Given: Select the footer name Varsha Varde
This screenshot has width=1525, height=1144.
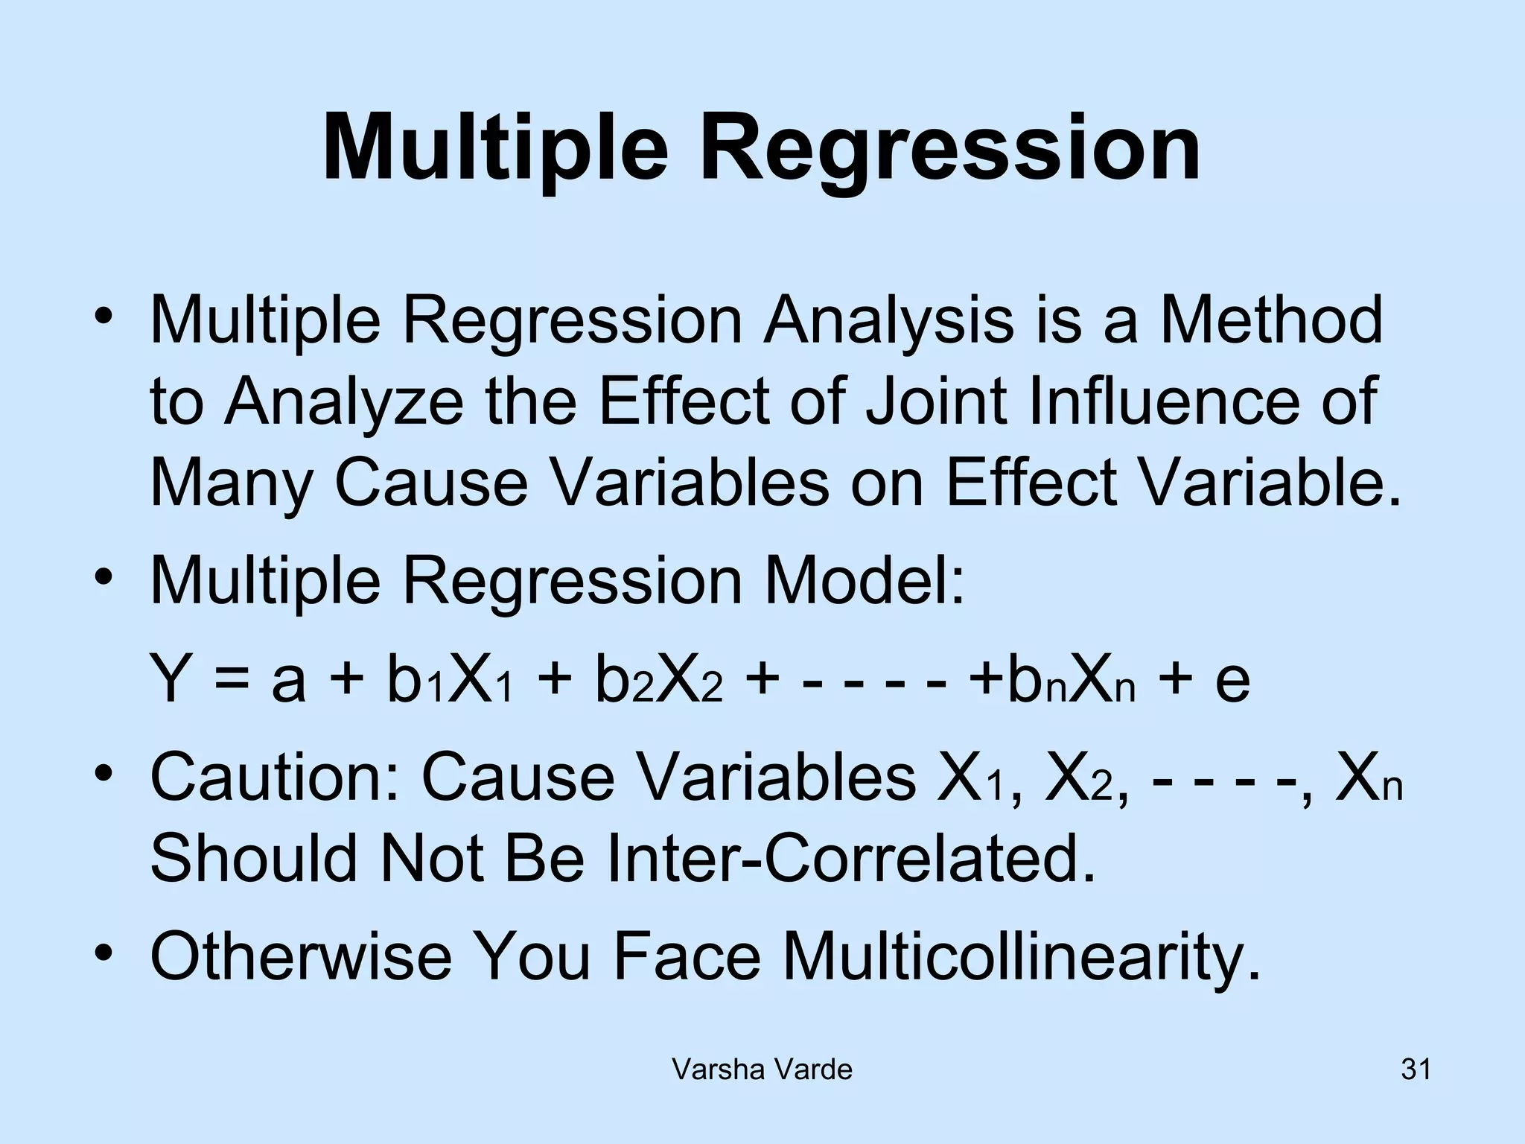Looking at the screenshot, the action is click(x=762, y=1070).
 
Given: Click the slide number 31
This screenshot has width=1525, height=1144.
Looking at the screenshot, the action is click(x=1416, y=1070).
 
